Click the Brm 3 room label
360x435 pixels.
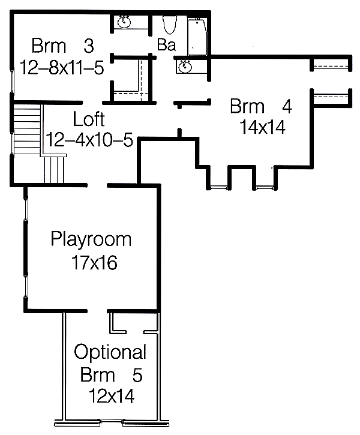point(62,46)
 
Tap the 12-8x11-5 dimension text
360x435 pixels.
point(62,67)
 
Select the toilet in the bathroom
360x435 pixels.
point(170,25)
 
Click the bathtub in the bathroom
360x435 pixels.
point(197,37)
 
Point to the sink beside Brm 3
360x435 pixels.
point(124,22)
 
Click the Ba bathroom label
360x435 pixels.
point(166,44)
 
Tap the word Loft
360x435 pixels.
point(89,119)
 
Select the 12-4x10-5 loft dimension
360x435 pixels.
point(89,140)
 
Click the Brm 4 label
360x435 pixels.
point(261,106)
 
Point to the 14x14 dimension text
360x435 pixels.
point(262,127)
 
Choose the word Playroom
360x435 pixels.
point(91,239)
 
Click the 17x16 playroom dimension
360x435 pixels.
point(94,262)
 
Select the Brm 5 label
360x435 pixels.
point(112,375)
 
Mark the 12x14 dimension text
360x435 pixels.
point(112,396)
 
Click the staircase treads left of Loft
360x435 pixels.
point(27,129)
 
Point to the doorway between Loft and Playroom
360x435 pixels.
point(97,185)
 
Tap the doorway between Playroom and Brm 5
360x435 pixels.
point(97,311)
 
